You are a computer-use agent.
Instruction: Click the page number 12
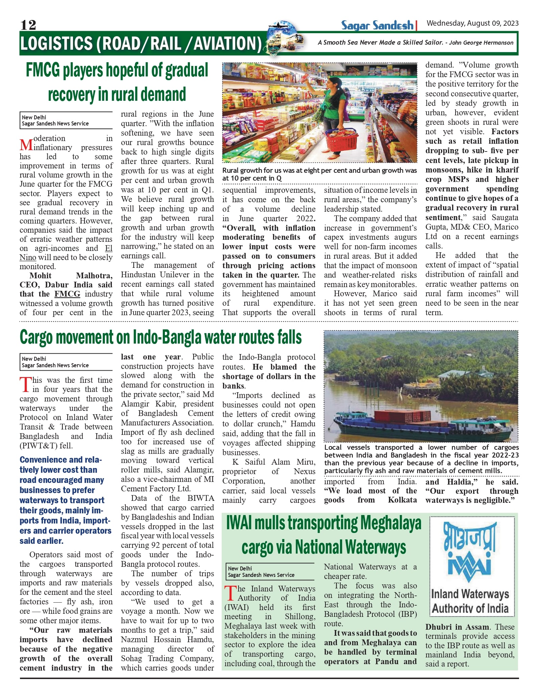tap(28, 25)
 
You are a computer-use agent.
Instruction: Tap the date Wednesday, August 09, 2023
tap(472, 23)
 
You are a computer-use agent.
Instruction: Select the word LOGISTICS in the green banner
tap(56, 44)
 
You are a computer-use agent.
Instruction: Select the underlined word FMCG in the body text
tap(67, 294)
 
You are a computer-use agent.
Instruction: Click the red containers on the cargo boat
tap(402, 417)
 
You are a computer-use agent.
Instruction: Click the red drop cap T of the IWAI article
tap(230, 593)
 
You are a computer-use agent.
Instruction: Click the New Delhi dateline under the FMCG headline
tap(34, 117)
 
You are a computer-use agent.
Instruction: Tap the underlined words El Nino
tap(66, 253)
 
